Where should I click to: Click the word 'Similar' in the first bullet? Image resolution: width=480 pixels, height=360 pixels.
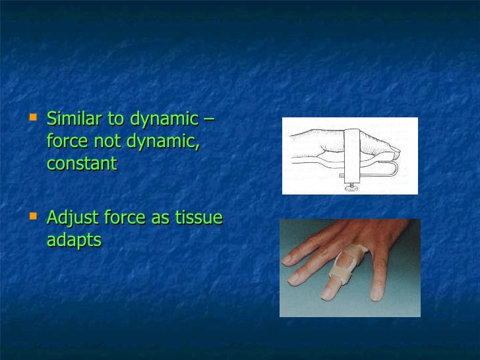coord(71,119)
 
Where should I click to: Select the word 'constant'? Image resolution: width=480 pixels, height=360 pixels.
coord(81,163)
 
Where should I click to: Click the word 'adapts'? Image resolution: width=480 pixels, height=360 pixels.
coord(74,240)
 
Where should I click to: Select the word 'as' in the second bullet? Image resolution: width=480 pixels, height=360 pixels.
coord(161,218)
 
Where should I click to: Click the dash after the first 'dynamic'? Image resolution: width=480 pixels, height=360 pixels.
coord(209,120)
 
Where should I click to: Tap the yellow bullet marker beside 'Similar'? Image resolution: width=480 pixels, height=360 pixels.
coord(35,119)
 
